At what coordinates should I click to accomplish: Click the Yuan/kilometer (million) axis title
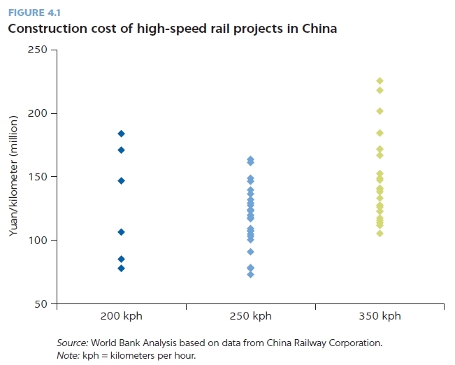(13, 177)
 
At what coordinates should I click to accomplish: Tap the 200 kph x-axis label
(122, 316)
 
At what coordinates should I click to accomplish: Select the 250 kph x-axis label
(250, 316)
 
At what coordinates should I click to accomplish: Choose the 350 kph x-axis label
(380, 316)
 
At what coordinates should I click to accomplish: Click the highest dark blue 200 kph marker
(121, 134)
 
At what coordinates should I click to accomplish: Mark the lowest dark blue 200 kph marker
(121, 268)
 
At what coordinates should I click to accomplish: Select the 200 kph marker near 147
(121, 180)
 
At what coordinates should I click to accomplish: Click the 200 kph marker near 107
(121, 231)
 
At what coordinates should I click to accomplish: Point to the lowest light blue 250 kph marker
(250, 274)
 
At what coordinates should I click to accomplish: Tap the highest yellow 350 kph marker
(380, 81)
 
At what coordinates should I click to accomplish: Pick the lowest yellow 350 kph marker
(380, 234)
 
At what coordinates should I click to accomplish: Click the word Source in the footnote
(71, 343)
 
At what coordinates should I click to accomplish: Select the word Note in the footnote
(68, 355)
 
